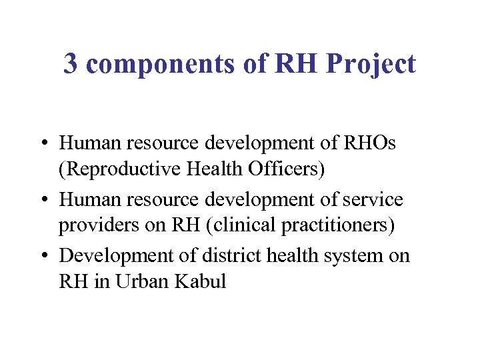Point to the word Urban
[144, 281]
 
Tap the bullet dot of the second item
[42, 200]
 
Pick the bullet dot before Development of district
[42, 256]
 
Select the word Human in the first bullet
[85, 143]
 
